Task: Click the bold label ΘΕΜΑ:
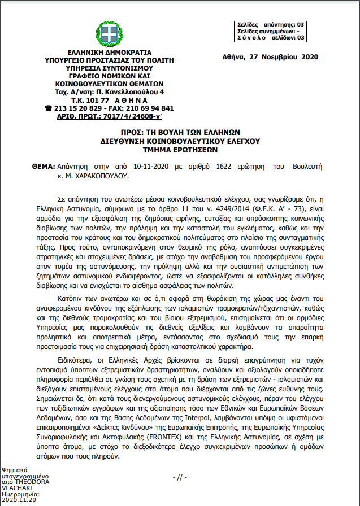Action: click(44, 167)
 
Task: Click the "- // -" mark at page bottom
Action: click(179, 477)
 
